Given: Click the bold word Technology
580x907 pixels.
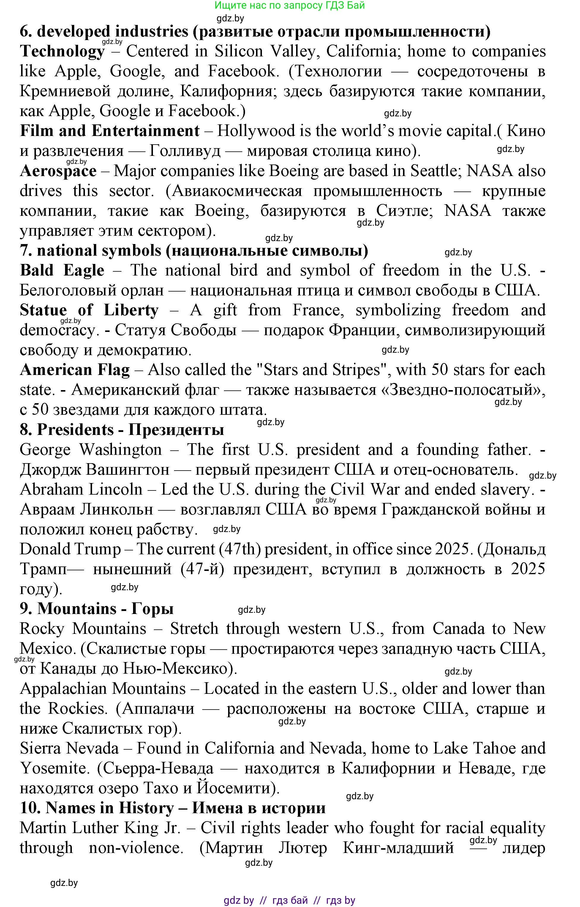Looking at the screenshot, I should click(62, 52).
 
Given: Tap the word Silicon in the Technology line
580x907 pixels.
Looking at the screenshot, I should click(239, 52).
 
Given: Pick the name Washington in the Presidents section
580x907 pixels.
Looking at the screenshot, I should click(120, 450).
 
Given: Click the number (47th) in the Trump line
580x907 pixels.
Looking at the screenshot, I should click(240, 549).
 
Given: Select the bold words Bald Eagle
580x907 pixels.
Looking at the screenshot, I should click(62, 270).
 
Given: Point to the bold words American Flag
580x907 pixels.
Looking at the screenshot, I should click(75, 370).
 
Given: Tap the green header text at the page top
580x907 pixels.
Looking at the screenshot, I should click(290, 6).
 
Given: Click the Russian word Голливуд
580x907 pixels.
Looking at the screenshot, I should click(185, 151).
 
